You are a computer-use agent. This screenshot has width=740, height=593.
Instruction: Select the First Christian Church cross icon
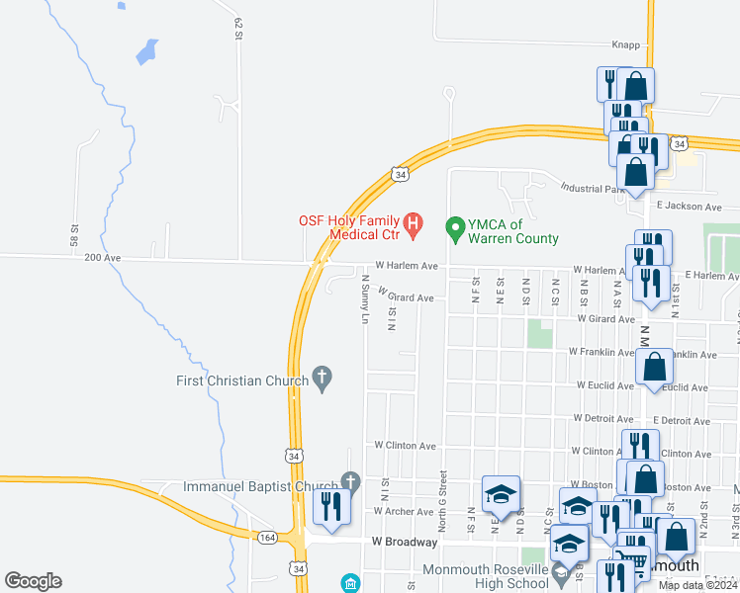point(321,377)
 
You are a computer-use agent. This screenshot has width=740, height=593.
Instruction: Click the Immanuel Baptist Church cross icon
point(349,481)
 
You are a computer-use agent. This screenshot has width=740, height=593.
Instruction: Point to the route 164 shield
point(267,538)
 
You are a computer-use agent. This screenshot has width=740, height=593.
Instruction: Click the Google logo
point(33,581)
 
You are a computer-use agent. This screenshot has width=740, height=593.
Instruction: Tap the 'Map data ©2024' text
point(698,585)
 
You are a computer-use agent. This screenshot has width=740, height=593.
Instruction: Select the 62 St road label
point(239,29)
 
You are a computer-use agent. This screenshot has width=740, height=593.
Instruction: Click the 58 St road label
point(74,235)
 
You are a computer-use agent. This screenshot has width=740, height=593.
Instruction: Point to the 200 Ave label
point(102,258)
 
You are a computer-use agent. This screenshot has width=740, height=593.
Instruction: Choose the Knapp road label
point(626,44)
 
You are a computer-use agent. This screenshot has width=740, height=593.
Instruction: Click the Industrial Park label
point(594,188)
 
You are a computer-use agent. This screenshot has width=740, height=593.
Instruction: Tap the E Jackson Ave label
point(685,207)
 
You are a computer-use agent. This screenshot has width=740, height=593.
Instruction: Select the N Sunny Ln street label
point(364,300)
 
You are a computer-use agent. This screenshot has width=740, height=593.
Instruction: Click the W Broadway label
point(404,542)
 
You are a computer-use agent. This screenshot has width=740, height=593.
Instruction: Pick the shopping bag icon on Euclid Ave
point(655,367)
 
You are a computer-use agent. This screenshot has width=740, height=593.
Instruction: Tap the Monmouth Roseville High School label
point(485,577)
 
